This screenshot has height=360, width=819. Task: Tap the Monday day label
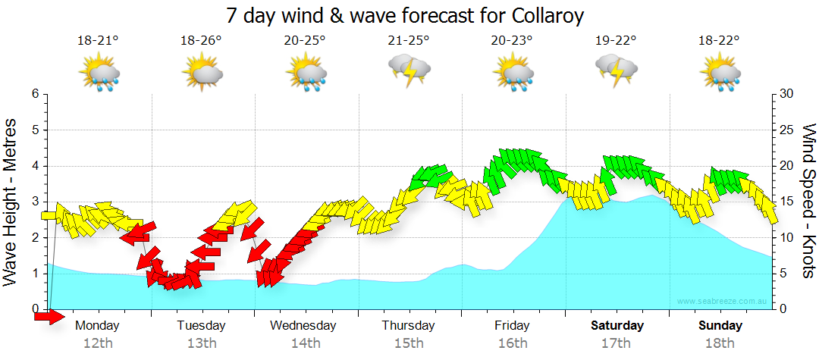[97, 326]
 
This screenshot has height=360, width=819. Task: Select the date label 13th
[202, 343]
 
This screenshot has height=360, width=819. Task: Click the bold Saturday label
[617, 326]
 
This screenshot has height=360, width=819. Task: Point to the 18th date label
[721, 343]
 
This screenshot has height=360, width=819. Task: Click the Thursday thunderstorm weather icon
[410, 70]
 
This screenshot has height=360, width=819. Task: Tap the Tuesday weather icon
[202, 74]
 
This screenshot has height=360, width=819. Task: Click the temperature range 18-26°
[202, 41]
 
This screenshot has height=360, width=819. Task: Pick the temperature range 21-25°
[409, 41]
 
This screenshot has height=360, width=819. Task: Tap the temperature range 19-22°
[616, 41]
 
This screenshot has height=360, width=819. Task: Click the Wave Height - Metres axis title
[12, 202]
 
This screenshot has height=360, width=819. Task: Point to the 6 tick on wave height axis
[35, 94]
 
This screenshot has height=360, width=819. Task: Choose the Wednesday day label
[303, 326]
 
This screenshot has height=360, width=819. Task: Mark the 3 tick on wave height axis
[35, 202]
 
